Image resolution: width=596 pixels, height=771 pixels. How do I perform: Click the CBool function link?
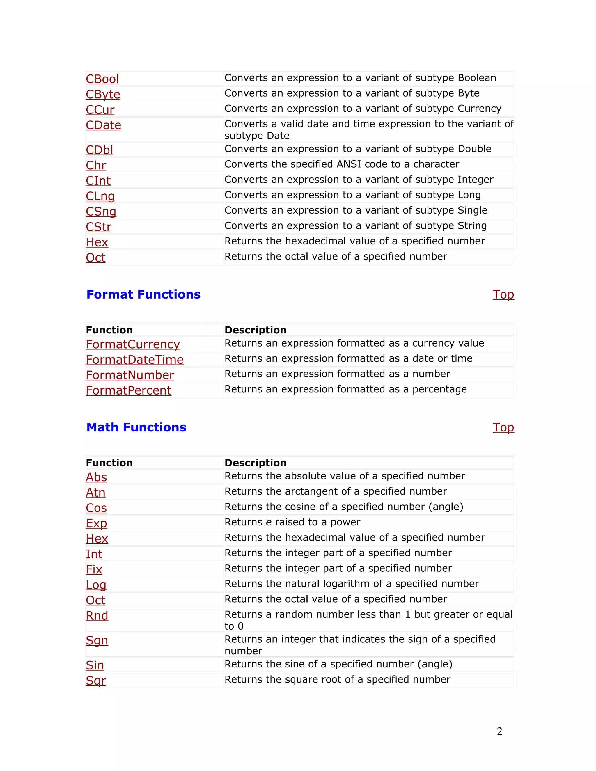pyautogui.click(x=102, y=79)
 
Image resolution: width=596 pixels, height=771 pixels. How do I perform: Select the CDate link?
pyautogui.click(x=103, y=125)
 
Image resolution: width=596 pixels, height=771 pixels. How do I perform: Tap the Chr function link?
pyautogui.click(x=96, y=165)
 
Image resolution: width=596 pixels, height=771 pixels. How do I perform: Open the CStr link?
pyautogui.click(x=99, y=227)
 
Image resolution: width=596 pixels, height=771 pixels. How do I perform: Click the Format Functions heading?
pyautogui.click(x=143, y=294)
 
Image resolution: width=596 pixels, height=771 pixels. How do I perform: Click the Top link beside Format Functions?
pyautogui.click(x=503, y=294)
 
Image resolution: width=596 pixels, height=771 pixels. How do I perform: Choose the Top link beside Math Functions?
pyautogui.click(x=503, y=427)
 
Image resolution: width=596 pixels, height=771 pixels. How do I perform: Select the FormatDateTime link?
pyautogui.click(x=134, y=360)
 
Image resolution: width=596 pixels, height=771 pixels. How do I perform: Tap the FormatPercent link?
pyautogui.click(x=129, y=390)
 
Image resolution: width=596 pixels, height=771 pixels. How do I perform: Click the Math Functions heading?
pyautogui.click(x=136, y=427)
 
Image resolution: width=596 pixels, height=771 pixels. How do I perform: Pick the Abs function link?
pyautogui.click(x=96, y=477)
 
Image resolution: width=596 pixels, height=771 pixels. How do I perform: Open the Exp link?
pyautogui.click(x=96, y=523)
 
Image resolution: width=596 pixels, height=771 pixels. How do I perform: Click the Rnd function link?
pyautogui.click(x=97, y=616)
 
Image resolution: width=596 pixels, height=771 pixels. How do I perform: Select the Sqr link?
pyautogui.click(x=96, y=680)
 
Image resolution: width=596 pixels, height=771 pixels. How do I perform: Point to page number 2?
pyautogui.click(x=499, y=731)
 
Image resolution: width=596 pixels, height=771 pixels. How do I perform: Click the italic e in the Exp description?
pyautogui.click(x=269, y=523)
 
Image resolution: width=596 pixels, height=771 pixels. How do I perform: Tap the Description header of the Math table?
pyautogui.click(x=256, y=463)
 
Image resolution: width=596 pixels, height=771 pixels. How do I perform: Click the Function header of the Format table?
pyautogui.click(x=109, y=330)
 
